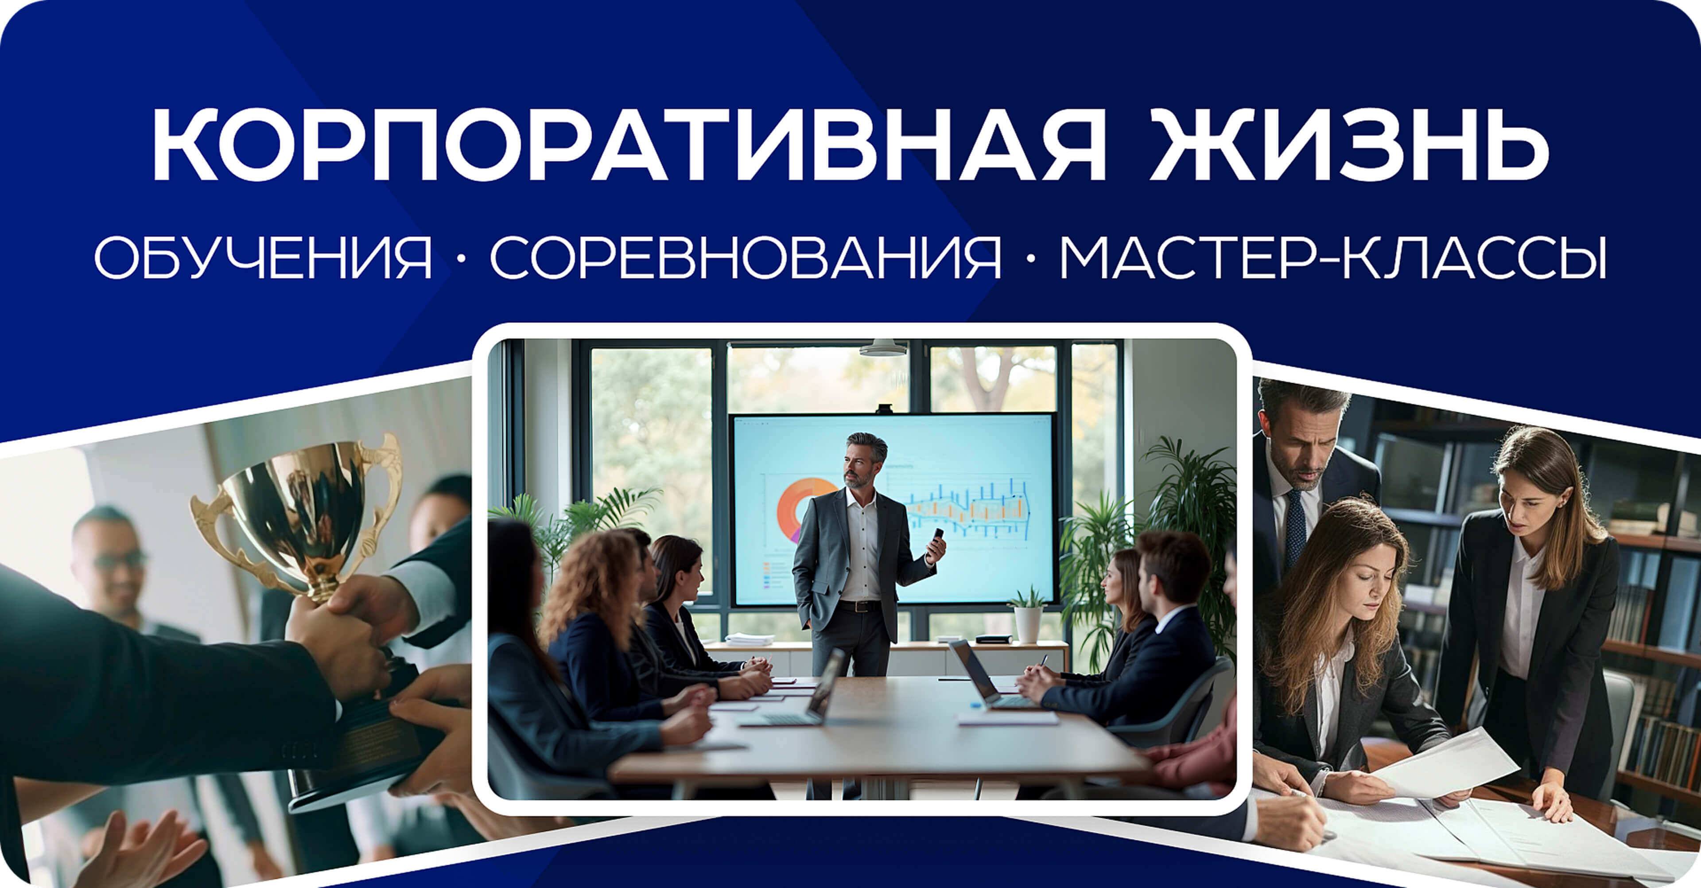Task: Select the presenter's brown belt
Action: click(858, 606)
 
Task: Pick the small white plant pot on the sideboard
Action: click(1028, 624)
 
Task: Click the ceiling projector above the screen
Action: click(882, 348)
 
